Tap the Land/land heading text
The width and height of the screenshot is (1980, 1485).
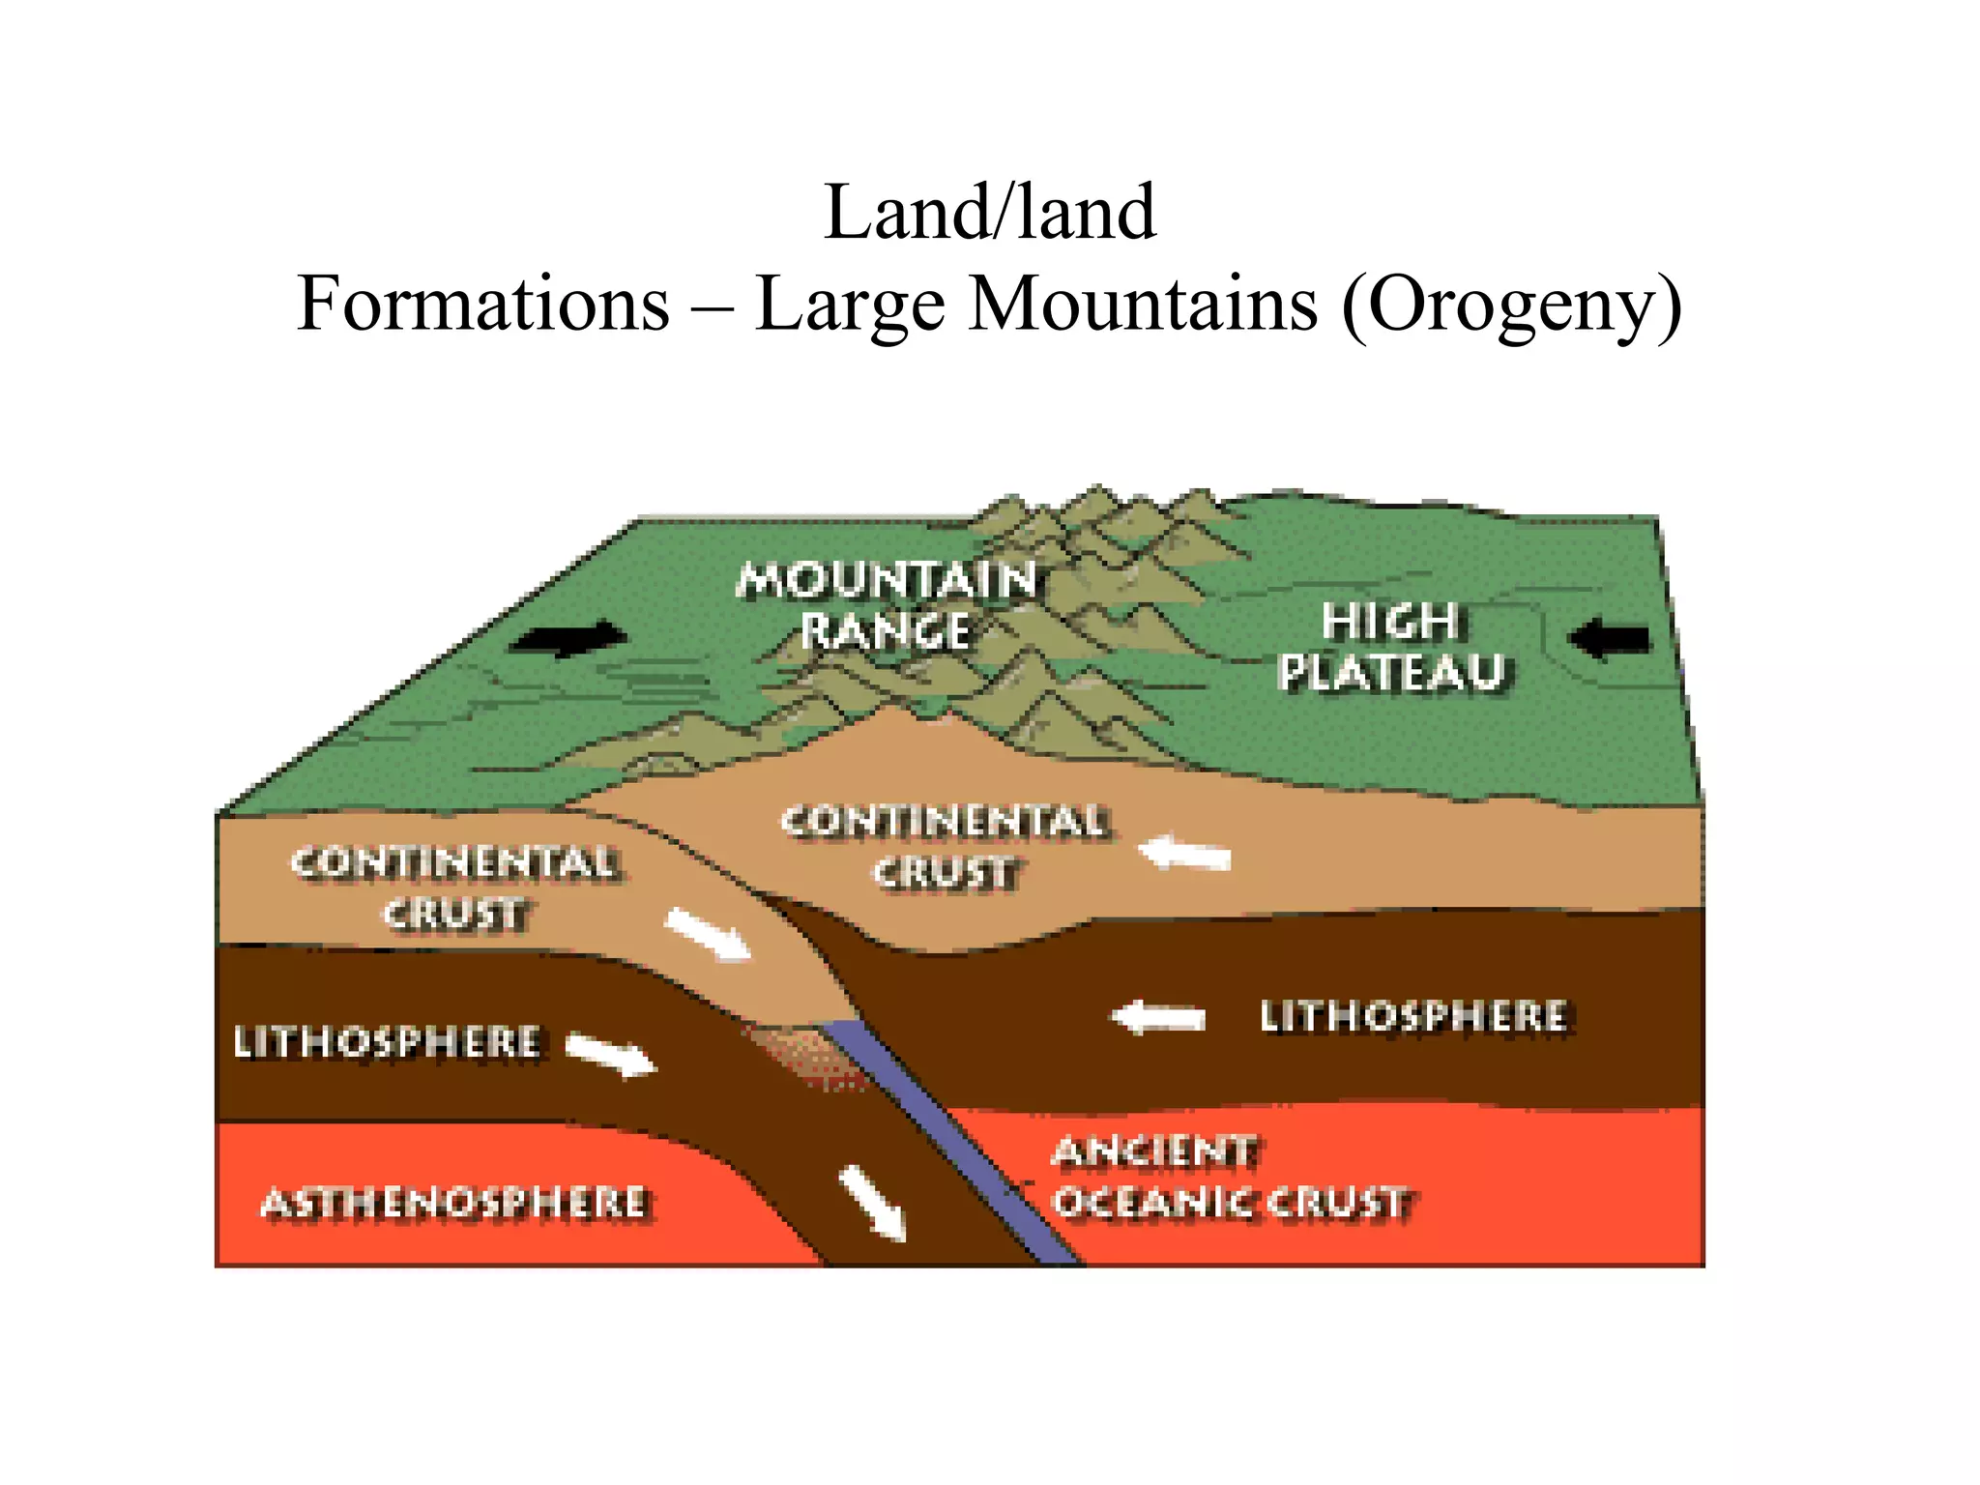click(x=989, y=212)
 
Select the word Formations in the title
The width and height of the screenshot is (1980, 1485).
click(x=482, y=304)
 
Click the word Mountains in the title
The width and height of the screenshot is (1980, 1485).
click(x=1143, y=304)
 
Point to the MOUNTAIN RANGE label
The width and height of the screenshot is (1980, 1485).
click(x=886, y=605)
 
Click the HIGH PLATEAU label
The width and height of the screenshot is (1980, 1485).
click(x=1392, y=646)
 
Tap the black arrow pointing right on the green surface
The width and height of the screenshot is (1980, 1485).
click(x=569, y=638)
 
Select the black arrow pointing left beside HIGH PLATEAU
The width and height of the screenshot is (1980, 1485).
click(x=1609, y=639)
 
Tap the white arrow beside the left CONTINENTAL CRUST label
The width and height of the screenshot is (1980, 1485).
click(x=708, y=934)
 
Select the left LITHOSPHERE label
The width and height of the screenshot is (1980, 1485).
click(x=387, y=1042)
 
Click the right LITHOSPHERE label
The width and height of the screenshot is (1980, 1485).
click(x=1412, y=1017)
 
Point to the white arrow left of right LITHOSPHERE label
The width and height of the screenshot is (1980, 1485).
click(x=1158, y=1018)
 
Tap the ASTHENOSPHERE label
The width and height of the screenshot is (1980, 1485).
click(x=454, y=1204)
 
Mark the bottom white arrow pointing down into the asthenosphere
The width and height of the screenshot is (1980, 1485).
click(x=873, y=1203)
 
